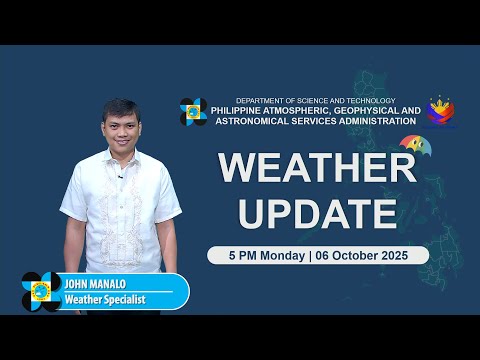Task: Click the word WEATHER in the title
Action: pyautogui.click(x=317, y=167)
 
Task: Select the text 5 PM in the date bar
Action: pyautogui.click(x=232, y=255)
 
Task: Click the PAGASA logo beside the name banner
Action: pyautogui.click(x=41, y=291)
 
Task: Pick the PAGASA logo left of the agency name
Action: pyautogui.click(x=193, y=111)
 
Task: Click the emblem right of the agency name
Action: pyautogui.click(x=442, y=112)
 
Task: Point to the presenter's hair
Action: pyautogui.click(x=119, y=105)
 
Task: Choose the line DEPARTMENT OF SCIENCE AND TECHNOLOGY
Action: pyautogui.click(x=315, y=100)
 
